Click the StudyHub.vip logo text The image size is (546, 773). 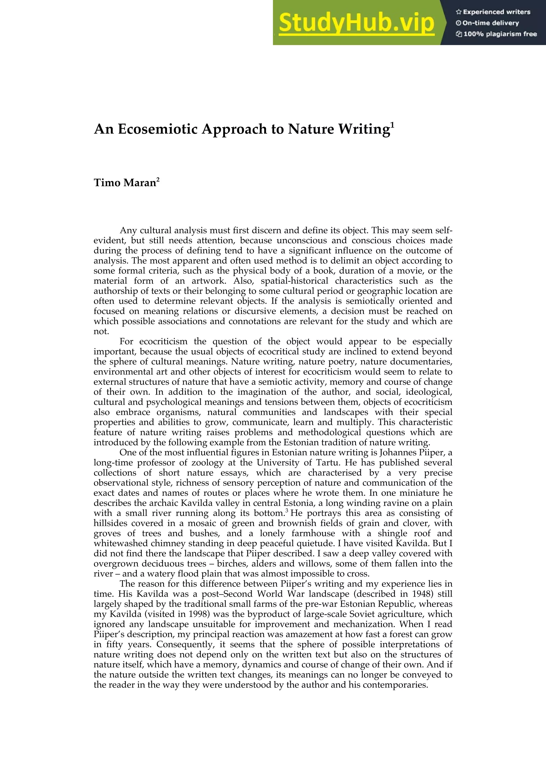(357, 23)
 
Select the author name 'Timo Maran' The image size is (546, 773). (125, 183)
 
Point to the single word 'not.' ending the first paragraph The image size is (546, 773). (101, 332)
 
